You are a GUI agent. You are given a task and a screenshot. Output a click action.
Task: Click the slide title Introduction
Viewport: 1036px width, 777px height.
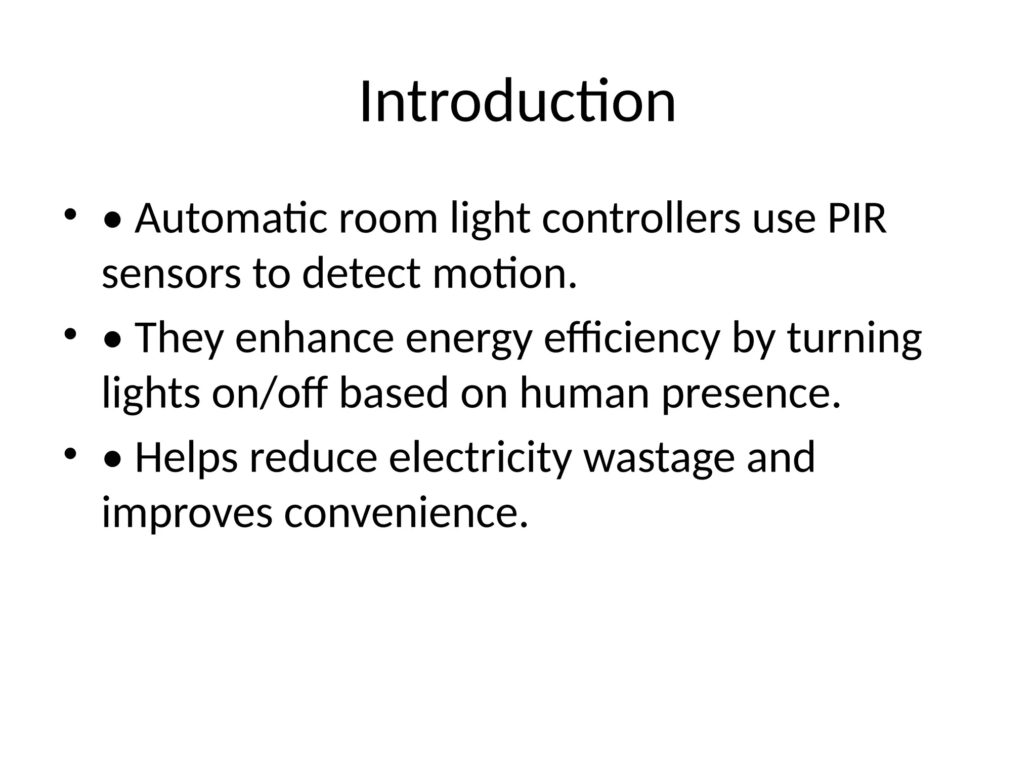pyautogui.click(x=517, y=102)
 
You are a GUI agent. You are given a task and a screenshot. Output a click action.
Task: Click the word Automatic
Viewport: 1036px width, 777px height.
pyautogui.click(x=231, y=219)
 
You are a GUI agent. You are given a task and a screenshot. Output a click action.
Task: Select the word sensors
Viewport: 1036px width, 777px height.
pyautogui.click(x=171, y=274)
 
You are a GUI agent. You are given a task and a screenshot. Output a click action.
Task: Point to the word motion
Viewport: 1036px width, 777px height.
pyautogui.click(x=504, y=274)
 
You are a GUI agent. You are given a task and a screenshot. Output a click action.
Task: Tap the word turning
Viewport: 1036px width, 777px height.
pyautogui.click(x=854, y=338)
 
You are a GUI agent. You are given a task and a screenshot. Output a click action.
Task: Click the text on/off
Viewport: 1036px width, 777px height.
pyautogui.click(x=268, y=393)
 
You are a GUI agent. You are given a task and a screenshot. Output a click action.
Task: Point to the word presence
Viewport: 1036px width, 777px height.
pyautogui.click(x=751, y=393)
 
